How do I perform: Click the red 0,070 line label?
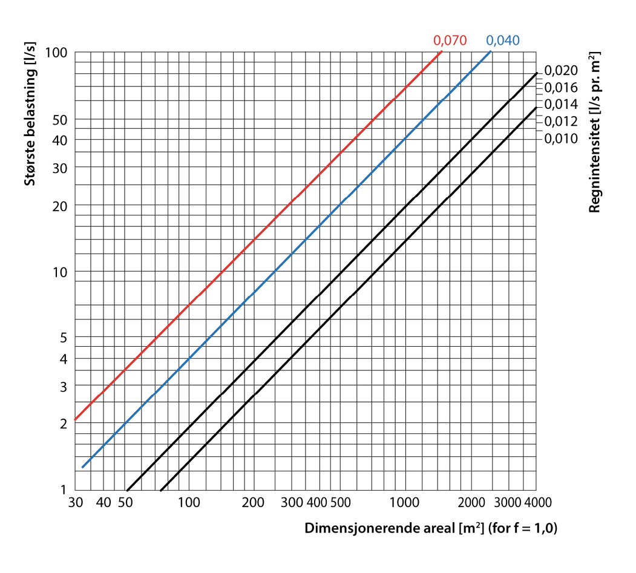[x=450, y=41]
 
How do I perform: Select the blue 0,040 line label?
[x=503, y=41]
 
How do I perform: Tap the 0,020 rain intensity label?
[x=561, y=70]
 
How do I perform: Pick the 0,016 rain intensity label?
[x=561, y=87]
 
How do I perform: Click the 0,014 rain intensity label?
[x=561, y=104]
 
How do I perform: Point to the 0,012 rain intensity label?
[x=561, y=121]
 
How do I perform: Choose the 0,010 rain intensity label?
[x=561, y=139]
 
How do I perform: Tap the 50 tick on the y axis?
[x=61, y=119]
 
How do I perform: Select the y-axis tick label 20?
[x=61, y=205]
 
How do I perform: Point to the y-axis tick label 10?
[x=61, y=271]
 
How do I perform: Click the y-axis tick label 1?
[x=64, y=490]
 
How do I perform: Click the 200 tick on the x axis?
[x=252, y=503]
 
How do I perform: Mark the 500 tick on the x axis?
[x=341, y=503]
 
